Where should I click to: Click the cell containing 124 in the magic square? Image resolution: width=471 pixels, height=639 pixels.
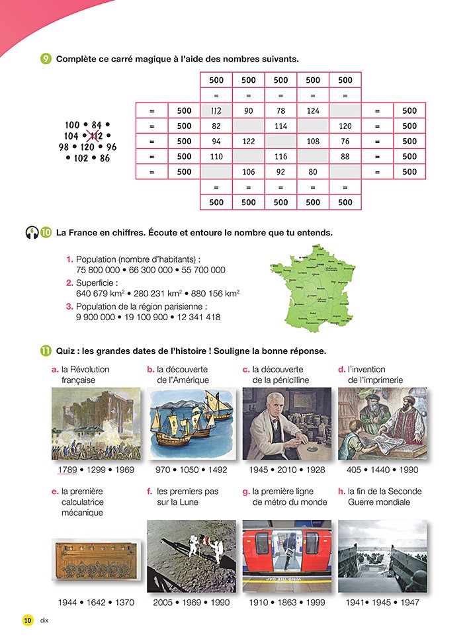313,110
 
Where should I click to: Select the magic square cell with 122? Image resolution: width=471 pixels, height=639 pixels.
249,141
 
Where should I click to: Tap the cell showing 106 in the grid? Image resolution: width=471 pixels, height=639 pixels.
249,172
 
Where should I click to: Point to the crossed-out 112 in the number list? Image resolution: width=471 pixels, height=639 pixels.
96,136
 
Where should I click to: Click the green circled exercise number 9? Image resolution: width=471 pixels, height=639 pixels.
46,59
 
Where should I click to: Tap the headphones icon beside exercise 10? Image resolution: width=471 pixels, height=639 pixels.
31,233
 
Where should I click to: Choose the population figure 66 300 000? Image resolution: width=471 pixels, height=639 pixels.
151,270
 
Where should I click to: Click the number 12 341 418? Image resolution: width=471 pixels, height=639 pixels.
194,318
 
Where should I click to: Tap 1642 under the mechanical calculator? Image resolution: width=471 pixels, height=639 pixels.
97,603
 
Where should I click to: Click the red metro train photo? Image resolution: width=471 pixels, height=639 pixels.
286,556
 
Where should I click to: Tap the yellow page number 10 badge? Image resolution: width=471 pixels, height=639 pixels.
27,620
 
